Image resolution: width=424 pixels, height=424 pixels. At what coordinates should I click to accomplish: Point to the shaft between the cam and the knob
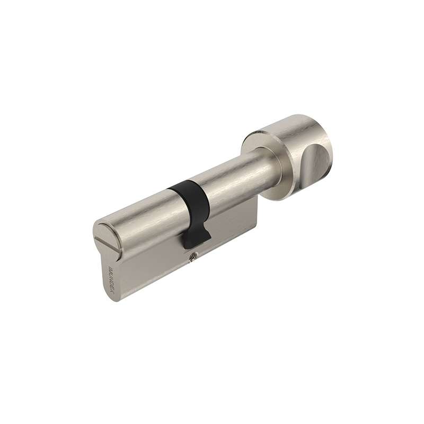pos(233,175)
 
